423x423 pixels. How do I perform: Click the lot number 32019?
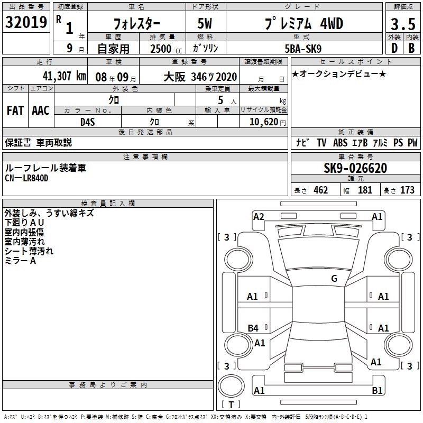[x=26, y=22]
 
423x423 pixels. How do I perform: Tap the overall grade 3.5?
[x=403, y=24]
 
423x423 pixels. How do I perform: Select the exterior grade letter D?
[x=394, y=48]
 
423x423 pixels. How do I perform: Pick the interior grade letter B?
[x=412, y=48]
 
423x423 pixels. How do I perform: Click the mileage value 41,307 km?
[x=64, y=76]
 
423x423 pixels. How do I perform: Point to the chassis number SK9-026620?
[x=355, y=168]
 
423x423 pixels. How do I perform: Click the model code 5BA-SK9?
[x=303, y=49]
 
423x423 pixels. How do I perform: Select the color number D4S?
[x=88, y=122]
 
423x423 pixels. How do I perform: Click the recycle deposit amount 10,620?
[x=264, y=122]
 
